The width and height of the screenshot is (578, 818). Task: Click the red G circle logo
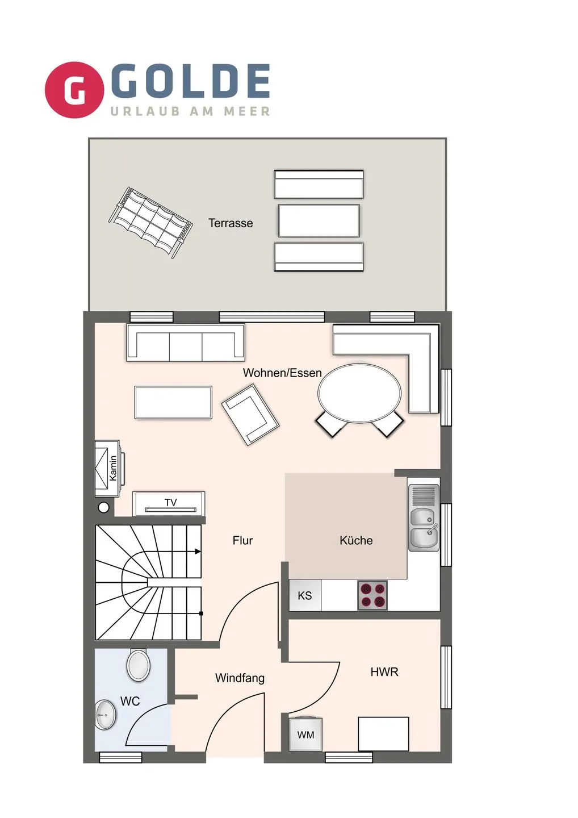(x=74, y=90)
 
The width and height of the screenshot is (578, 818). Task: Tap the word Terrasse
(x=231, y=223)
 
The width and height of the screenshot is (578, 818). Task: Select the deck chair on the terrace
(x=150, y=222)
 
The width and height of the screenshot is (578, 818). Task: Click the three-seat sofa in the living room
(x=186, y=343)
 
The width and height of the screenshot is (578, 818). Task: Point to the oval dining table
(x=359, y=393)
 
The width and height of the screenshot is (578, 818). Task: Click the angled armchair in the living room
(x=250, y=414)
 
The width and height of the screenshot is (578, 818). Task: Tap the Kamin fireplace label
(x=113, y=468)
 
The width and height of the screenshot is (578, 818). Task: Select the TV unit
(x=169, y=503)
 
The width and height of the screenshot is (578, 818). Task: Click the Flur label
(x=242, y=540)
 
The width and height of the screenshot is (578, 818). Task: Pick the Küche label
(x=356, y=540)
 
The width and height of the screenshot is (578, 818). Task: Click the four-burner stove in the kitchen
(x=372, y=595)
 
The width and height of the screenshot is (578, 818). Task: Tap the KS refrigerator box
(x=305, y=595)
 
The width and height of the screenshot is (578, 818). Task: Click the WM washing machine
(x=305, y=734)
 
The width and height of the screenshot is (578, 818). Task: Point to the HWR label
(x=384, y=672)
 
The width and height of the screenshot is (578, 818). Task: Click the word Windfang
(x=240, y=678)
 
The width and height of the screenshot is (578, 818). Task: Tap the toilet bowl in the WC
(x=139, y=665)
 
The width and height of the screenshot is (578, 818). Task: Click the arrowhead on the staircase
(x=198, y=551)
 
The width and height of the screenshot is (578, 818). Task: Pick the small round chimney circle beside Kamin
(x=104, y=507)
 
